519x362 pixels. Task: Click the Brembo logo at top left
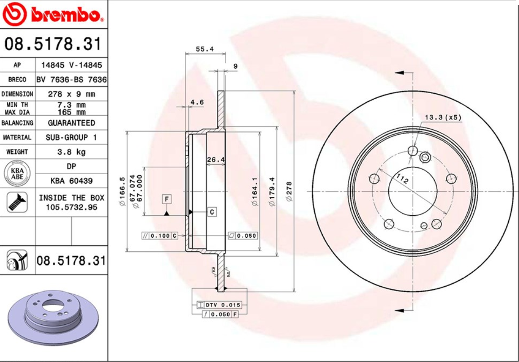pos(53,14)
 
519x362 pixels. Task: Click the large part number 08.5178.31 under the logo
pos(53,44)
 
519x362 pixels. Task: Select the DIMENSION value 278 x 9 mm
pos(71,94)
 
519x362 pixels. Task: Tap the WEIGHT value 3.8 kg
pos(71,152)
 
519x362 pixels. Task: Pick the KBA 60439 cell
pos(71,181)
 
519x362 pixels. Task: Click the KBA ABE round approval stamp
pos(18,174)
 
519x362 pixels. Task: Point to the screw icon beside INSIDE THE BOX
pos(18,202)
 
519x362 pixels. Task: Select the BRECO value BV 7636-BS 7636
pos(71,80)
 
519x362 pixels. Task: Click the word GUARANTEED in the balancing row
pos(71,123)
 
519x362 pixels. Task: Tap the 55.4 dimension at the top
pos(204,49)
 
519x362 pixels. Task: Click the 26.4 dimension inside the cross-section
pos(216,159)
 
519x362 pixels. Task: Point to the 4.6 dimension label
pos(197,102)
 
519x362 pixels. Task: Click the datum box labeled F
pos(167,199)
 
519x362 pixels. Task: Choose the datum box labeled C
pos(212,212)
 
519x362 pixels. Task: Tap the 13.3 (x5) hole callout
pos(443,118)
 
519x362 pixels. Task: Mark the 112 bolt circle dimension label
pos(402,179)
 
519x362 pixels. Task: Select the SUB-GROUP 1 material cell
pos(71,137)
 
